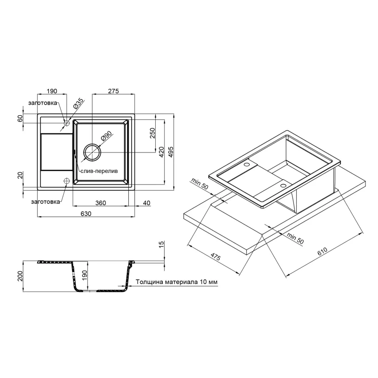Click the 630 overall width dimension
pyautogui.click(x=86, y=213)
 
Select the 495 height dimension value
pyautogui.click(x=171, y=152)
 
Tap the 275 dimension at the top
pyautogui.click(x=113, y=91)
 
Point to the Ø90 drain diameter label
pyautogui.click(x=106, y=136)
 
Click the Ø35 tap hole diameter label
pyautogui.click(x=78, y=104)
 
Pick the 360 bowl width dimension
pyautogui.click(x=100, y=203)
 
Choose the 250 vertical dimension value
pyautogui.click(x=153, y=133)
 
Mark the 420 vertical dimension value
pyautogui.click(x=161, y=152)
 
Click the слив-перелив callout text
pyautogui.click(x=99, y=171)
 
